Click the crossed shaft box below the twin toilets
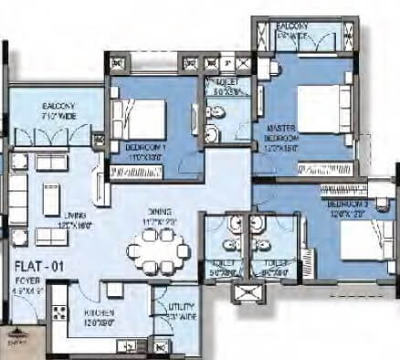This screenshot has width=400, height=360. [248, 292]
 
